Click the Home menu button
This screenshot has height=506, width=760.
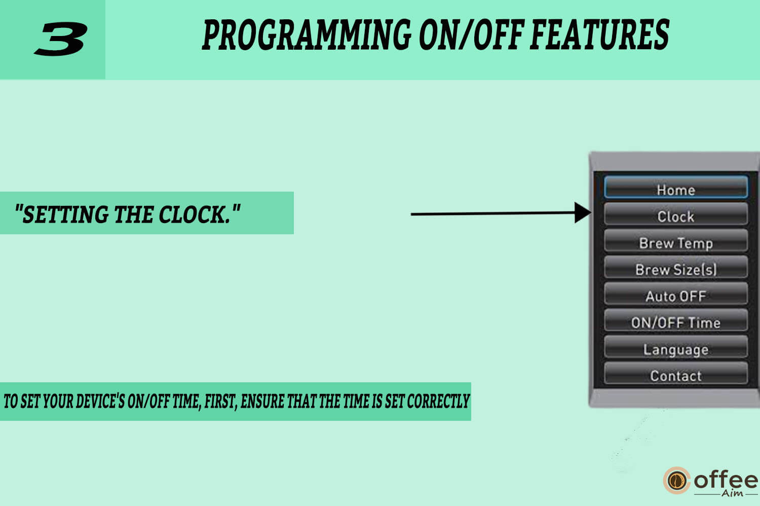[676, 187]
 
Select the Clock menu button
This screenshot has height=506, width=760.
[676, 214]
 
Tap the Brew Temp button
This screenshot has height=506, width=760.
[676, 240]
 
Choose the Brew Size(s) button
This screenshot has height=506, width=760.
[676, 267]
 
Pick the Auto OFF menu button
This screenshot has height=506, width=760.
[676, 294]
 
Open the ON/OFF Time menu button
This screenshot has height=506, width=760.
[676, 320]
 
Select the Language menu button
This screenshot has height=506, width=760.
[676, 347]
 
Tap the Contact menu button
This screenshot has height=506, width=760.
[676, 373]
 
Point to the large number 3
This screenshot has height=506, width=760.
[61, 39]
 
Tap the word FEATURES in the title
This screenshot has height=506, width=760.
[600, 34]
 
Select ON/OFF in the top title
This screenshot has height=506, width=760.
[472, 34]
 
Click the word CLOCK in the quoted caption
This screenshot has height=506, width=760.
[195, 214]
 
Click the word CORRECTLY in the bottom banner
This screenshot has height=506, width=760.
[438, 402]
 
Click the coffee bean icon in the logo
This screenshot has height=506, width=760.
[677, 481]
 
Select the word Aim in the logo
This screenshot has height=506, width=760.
[732, 493]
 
